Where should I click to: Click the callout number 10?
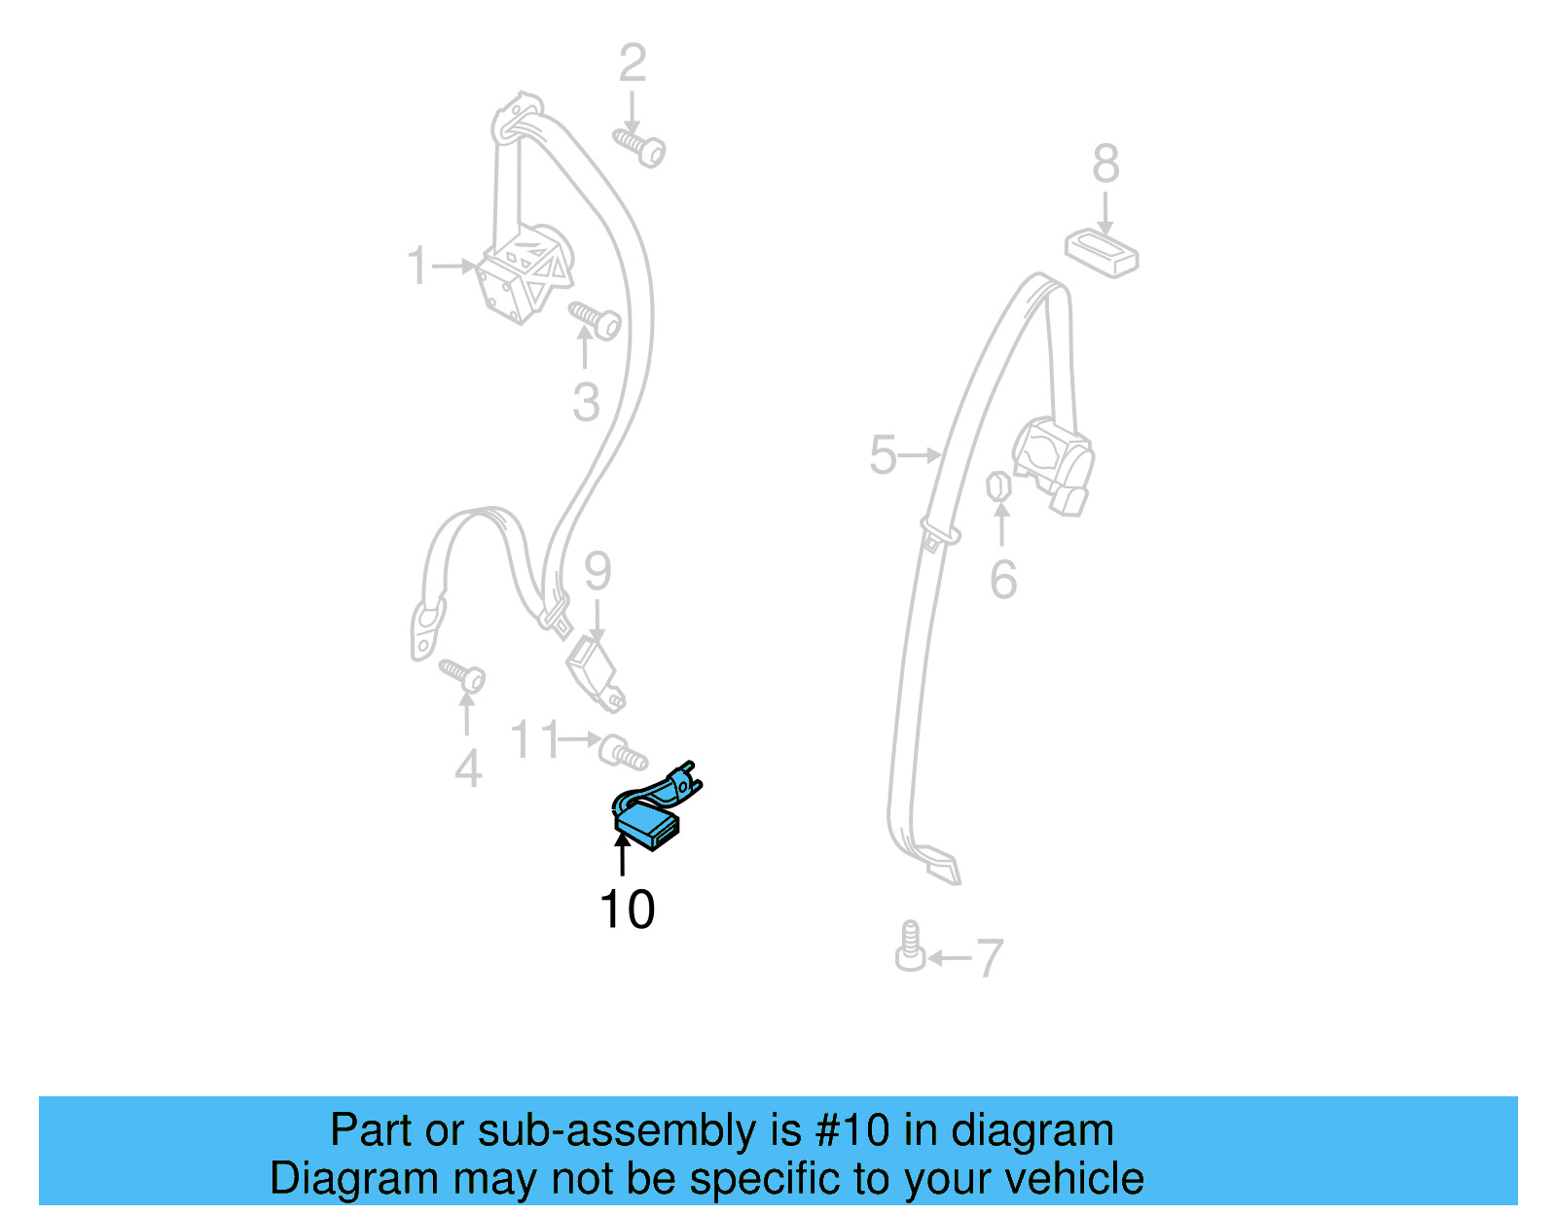(627, 910)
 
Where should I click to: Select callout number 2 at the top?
(633, 63)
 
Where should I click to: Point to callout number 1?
(417, 266)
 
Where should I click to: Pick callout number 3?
(586, 402)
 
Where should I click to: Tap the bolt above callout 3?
(595, 319)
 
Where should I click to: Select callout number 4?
(468, 768)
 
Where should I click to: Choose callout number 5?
(883, 455)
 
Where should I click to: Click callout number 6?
(1003, 580)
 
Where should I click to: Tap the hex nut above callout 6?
(997, 484)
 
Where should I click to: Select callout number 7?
(989, 958)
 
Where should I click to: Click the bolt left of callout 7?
(910, 947)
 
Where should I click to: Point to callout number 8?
(1105, 163)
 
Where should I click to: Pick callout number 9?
(597, 571)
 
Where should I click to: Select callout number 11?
(535, 739)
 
